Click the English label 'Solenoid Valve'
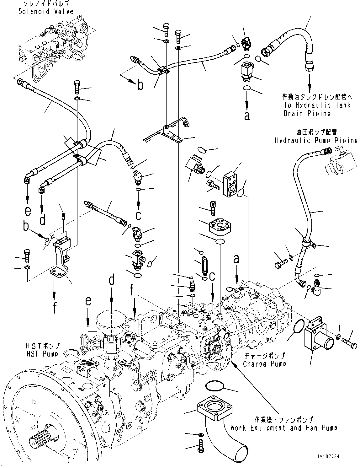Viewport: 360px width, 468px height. pyautogui.click(x=46, y=12)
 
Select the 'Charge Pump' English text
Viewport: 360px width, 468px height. pyautogui.click(x=264, y=364)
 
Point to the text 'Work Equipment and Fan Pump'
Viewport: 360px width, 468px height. pyautogui.click(x=283, y=428)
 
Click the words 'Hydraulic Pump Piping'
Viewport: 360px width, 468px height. pyautogui.click(x=316, y=140)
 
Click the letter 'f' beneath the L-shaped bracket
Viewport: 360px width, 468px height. pyautogui.click(x=55, y=308)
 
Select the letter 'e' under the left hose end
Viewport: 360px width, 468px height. pyautogui.click(x=28, y=211)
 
